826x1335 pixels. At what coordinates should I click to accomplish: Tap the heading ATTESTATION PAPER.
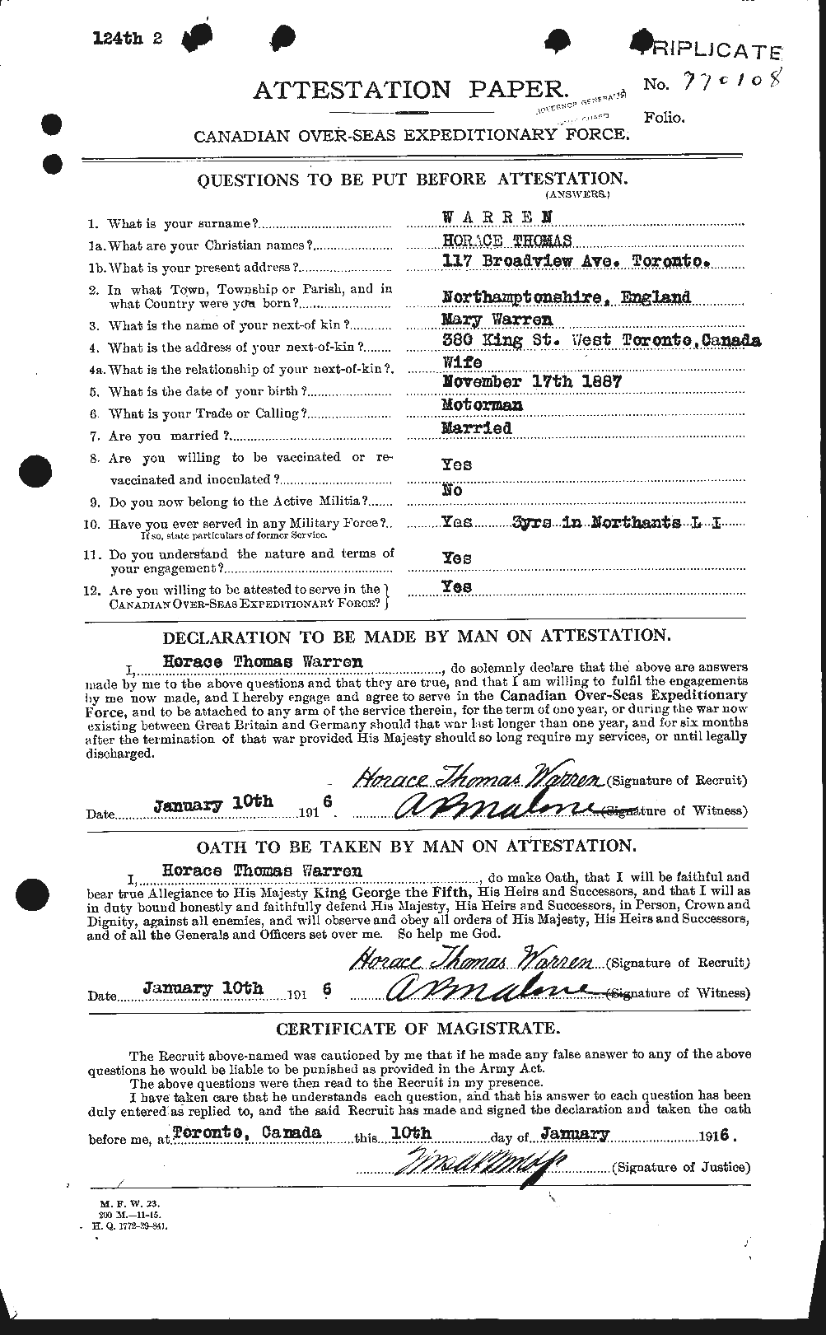pyautogui.click(x=410, y=90)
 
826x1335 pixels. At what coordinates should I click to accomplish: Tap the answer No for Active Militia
pyautogui.click(x=452, y=490)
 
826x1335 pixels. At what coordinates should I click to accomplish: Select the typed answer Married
pyautogui.click(x=477, y=428)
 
